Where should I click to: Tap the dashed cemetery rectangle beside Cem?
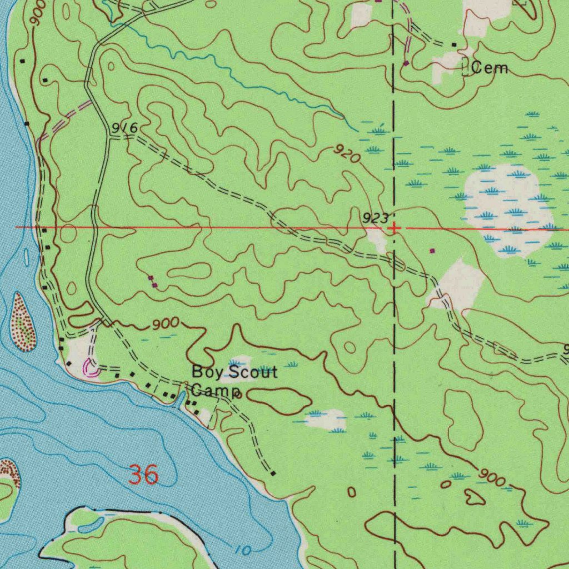(465, 68)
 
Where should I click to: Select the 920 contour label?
(347, 153)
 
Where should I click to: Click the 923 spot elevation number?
(375, 218)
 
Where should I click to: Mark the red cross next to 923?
(393, 228)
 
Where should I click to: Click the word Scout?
(251, 372)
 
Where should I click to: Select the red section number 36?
(144, 476)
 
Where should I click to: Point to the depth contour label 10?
(243, 550)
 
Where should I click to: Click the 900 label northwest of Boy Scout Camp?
(166, 323)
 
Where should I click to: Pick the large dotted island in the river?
(23, 323)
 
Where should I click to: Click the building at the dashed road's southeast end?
(273, 473)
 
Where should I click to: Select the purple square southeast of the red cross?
(432, 251)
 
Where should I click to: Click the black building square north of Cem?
(454, 44)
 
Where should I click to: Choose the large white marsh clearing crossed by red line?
(506, 208)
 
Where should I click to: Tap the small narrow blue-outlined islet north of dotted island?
(27, 257)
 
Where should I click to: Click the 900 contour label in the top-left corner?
(37, 13)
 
